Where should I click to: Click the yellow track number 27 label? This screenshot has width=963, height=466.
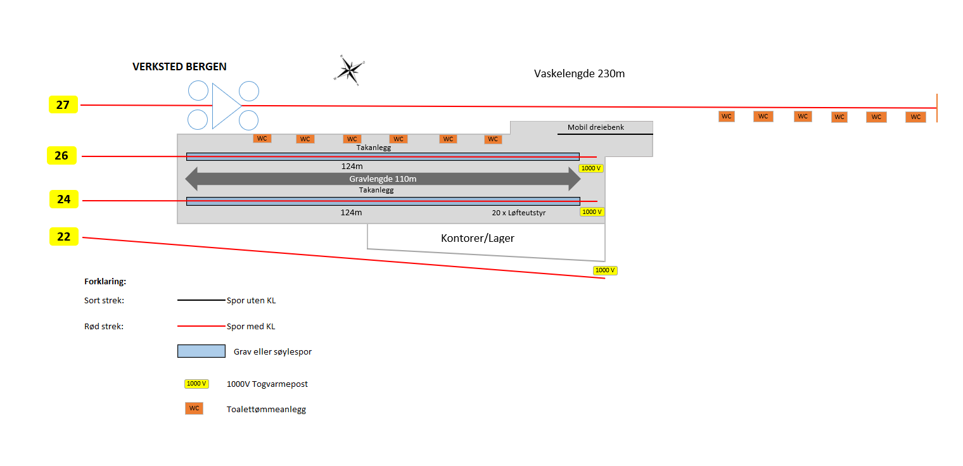(x=63, y=105)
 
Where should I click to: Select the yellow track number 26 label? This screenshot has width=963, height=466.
(x=61, y=156)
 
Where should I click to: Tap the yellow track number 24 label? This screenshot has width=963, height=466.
(x=64, y=199)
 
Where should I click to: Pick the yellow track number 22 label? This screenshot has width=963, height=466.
(x=64, y=237)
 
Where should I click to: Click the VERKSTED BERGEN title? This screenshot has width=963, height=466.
(x=179, y=67)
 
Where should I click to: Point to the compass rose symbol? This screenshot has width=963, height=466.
(x=348, y=69)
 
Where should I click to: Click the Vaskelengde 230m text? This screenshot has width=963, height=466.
(x=579, y=73)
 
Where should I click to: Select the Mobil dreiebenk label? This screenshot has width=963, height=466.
(x=596, y=127)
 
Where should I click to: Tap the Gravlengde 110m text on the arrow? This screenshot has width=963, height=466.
(x=383, y=179)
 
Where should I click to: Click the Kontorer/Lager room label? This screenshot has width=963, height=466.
(x=478, y=238)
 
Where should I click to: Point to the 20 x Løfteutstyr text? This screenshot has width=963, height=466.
(x=519, y=213)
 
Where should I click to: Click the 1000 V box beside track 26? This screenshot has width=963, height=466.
(x=590, y=168)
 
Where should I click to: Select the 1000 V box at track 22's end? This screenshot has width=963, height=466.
(x=605, y=270)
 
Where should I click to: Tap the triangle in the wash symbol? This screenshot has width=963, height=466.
(x=225, y=106)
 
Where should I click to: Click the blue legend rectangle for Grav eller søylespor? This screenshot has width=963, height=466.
(x=201, y=351)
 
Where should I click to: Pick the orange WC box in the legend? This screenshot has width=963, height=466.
(x=194, y=408)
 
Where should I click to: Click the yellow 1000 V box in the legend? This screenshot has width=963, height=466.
(x=196, y=384)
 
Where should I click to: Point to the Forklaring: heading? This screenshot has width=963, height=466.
(x=105, y=281)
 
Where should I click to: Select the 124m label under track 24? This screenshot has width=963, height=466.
(x=351, y=213)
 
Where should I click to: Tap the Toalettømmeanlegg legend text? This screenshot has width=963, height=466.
(x=266, y=410)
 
